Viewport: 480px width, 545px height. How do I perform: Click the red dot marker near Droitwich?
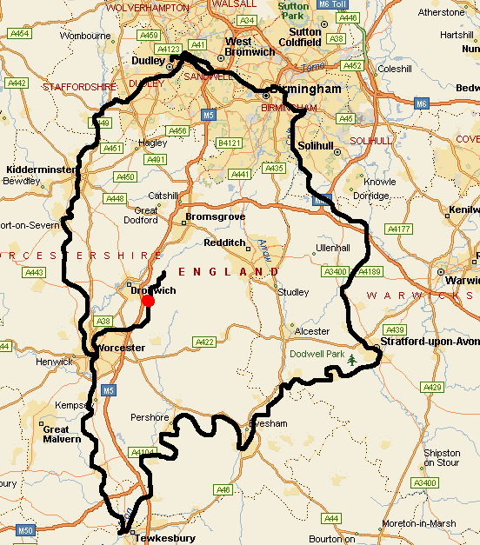click(148, 301)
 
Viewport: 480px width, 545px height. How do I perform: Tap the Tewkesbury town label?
click(164, 538)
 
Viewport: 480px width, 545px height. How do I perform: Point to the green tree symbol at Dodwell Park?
click(352, 359)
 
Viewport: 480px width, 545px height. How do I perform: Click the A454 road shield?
click(18, 33)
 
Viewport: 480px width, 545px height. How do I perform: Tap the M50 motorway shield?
click(24, 530)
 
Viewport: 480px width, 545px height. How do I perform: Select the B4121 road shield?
click(230, 142)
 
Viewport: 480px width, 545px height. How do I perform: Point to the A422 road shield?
click(204, 342)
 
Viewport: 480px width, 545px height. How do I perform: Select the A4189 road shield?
click(369, 271)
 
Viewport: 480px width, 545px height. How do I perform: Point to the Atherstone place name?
click(442, 12)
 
